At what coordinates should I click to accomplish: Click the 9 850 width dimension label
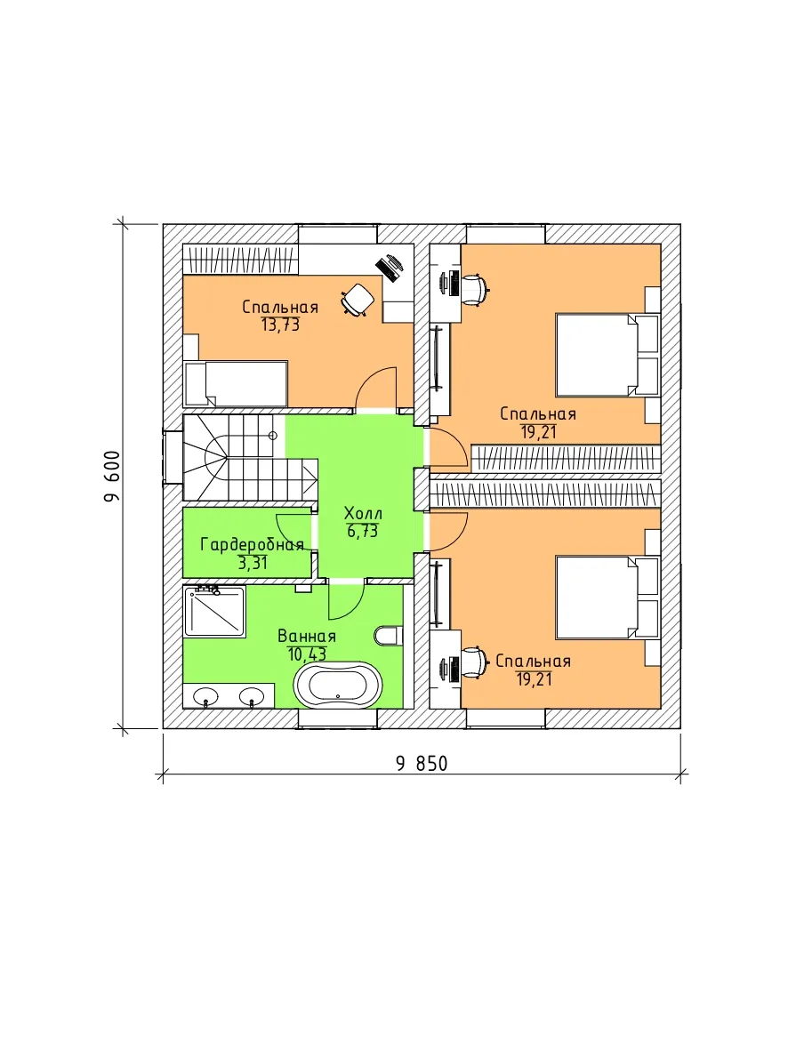click(x=422, y=764)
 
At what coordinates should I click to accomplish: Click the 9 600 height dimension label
click(x=112, y=476)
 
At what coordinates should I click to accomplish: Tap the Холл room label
click(x=363, y=513)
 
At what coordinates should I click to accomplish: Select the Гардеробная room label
click(x=253, y=545)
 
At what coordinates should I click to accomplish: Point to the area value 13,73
click(x=280, y=325)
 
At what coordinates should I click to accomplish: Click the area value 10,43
click(x=307, y=654)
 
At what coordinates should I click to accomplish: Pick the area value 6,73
click(x=363, y=532)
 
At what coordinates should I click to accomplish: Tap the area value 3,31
click(x=253, y=563)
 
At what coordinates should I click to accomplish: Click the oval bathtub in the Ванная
click(x=338, y=686)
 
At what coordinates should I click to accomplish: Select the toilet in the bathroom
click(x=388, y=634)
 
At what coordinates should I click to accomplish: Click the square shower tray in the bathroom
click(x=214, y=611)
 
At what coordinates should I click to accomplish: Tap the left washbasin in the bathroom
click(x=205, y=697)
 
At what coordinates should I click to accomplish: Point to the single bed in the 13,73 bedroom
click(x=236, y=383)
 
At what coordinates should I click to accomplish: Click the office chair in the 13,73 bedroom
click(x=356, y=299)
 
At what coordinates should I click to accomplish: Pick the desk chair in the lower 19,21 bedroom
click(x=474, y=663)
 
